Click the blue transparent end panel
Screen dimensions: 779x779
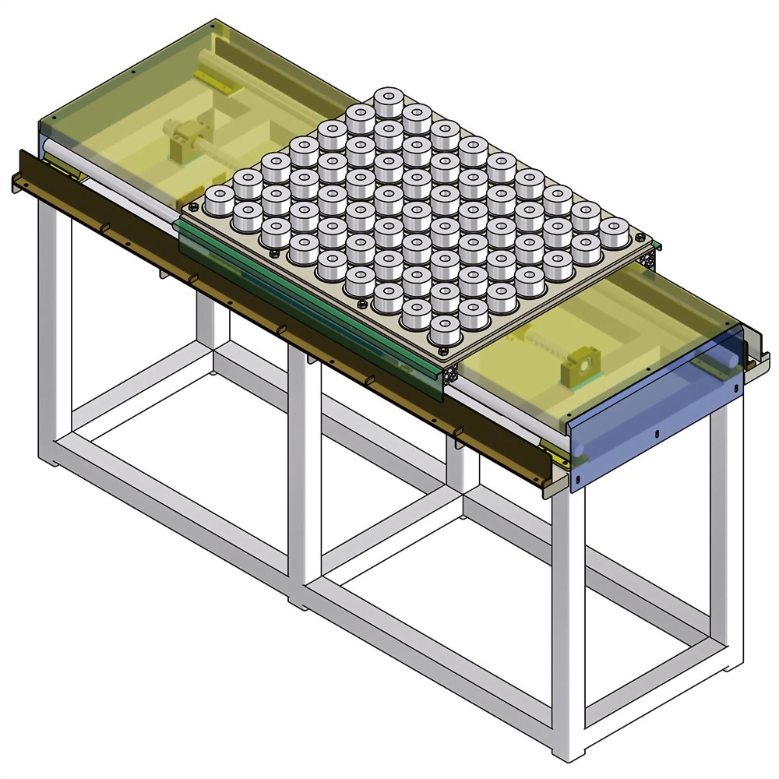click(x=654, y=421)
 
